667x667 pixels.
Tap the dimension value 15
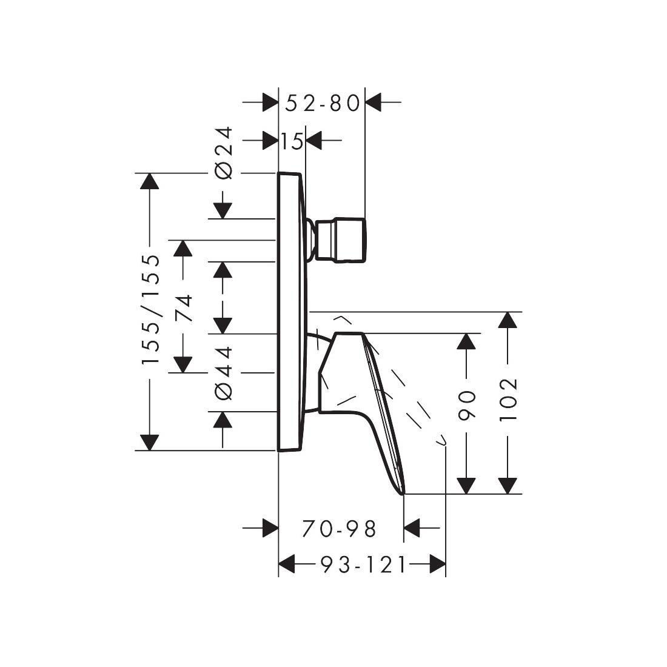coord(292,141)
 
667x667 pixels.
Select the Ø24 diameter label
coord(224,153)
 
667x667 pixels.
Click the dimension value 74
coord(183,308)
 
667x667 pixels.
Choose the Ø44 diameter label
coord(224,373)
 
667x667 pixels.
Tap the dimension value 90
coord(466,405)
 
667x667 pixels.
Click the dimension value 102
coord(508,400)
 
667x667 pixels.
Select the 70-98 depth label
coord(339,529)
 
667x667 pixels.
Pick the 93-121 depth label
coord(363,565)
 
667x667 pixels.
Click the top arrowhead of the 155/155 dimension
coord(149,181)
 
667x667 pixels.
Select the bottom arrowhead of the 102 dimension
coord(508,486)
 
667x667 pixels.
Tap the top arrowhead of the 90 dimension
coord(466,341)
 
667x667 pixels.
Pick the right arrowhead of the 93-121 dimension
coord(437,564)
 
